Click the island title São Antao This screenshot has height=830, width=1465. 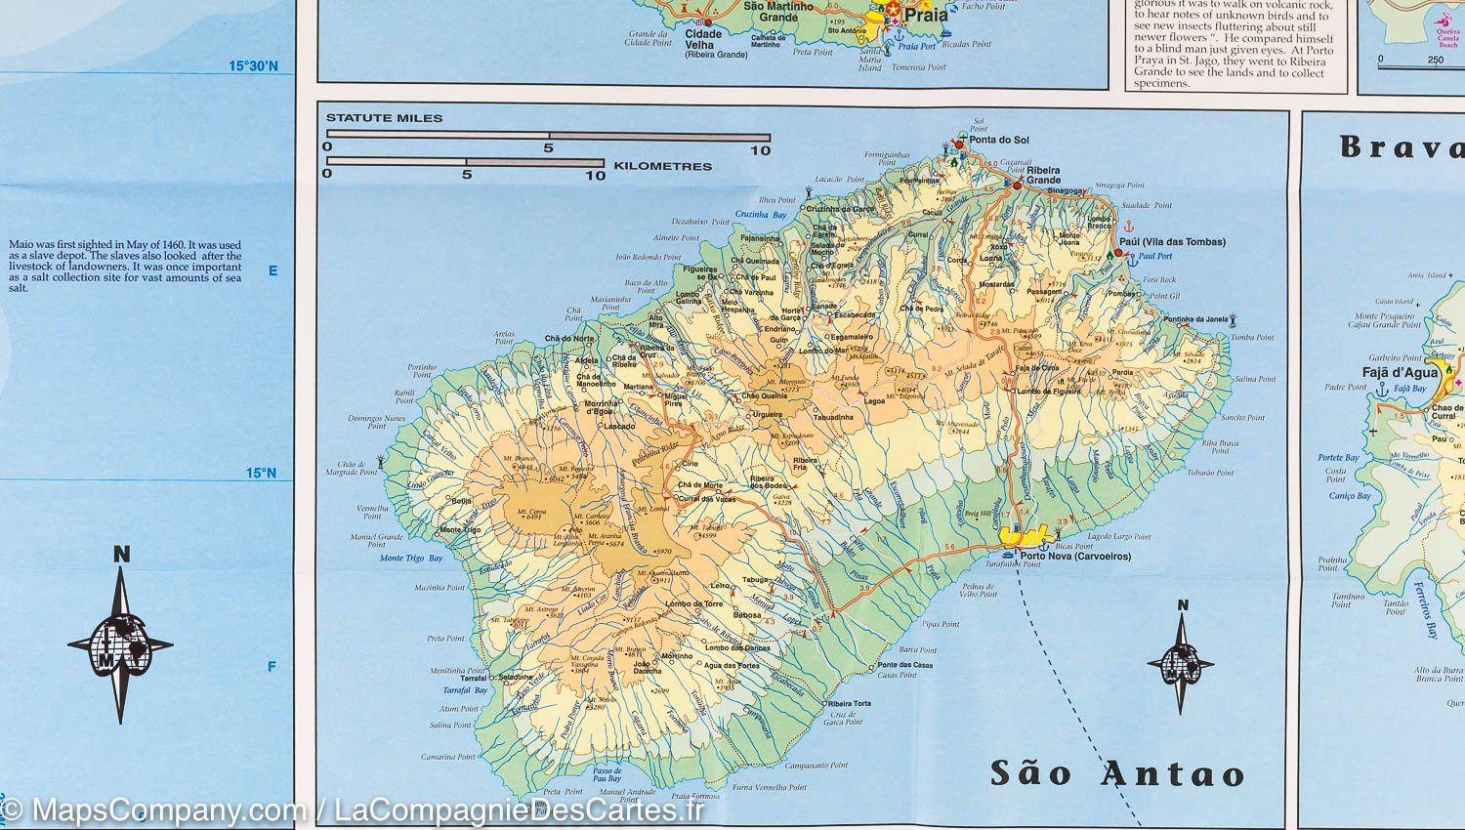pyautogui.click(x=1117, y=773)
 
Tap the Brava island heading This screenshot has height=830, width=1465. pyautogui.click(x=1402, y=147)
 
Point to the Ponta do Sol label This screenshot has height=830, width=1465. pyautogui.click(x=999, y=141)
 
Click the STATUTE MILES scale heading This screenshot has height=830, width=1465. pyautogui.click(x=384, y=118)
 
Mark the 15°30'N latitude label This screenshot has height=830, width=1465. pyautogui.click(x=253, y=66)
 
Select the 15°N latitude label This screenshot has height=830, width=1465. pyautogui.click(x=260, y=474)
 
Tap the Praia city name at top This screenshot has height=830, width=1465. pyautogui.click(x=925, y=16)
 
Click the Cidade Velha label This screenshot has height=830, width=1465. pyautogui.click(x=703, y=39)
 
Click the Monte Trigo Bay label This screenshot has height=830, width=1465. pyautogui.click(x=410, y=559)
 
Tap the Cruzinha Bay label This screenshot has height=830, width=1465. pyautogui.click(x=761, y=215)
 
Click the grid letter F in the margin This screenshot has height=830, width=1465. pyautogui.click(x=272, y=667)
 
